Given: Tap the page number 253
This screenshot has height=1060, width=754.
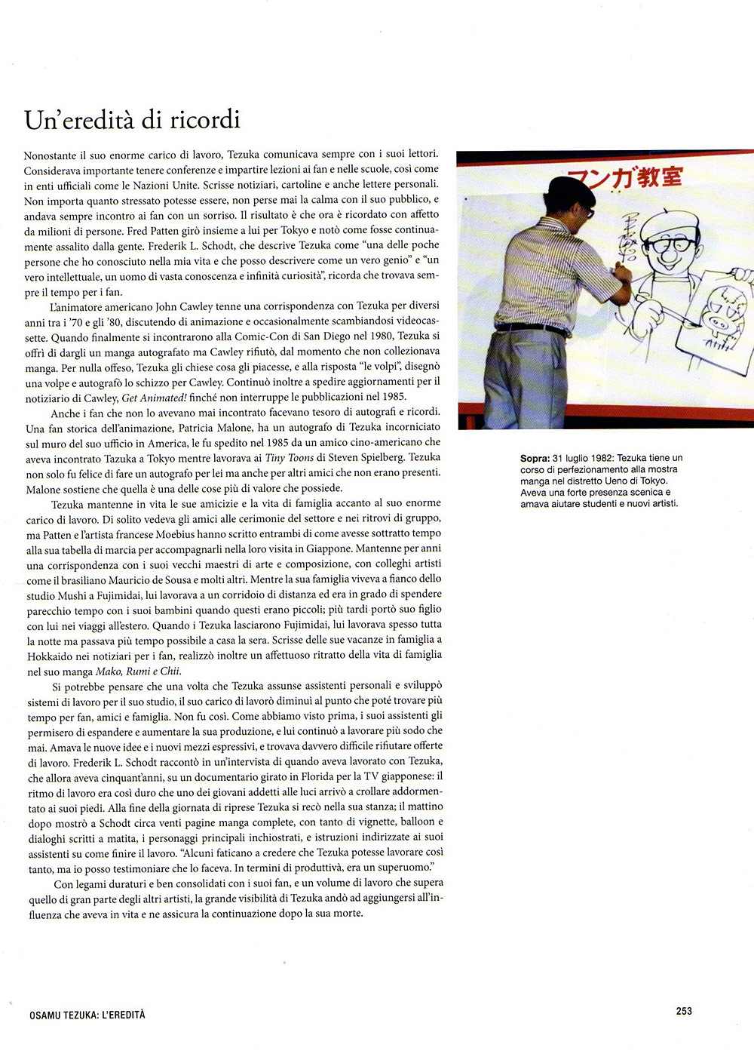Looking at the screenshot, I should point(684,1011).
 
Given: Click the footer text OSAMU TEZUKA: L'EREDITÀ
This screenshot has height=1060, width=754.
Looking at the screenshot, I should point(87,1015).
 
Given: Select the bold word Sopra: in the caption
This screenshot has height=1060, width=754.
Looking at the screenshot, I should point(534,458).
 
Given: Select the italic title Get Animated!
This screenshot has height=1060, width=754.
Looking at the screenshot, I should point(155,397).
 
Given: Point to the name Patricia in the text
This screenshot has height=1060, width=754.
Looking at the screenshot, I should point(196,428).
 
